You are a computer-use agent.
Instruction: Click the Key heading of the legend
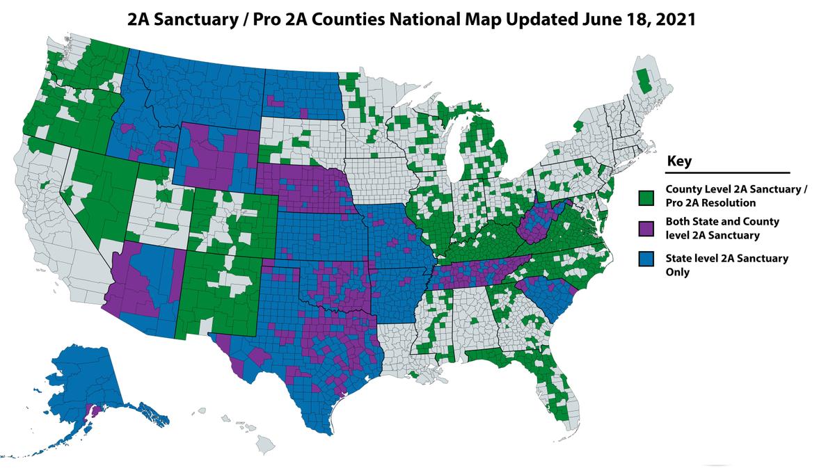click(x=679, y=161)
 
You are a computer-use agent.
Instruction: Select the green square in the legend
click(x=647, y=196)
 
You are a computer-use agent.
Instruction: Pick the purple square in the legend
click(x=647, y=228)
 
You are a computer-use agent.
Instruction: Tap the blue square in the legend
click(x=647, y=265)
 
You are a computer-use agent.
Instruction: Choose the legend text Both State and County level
click(x=722, y=228)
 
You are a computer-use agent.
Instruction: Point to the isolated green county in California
click(x=46, y=186)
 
